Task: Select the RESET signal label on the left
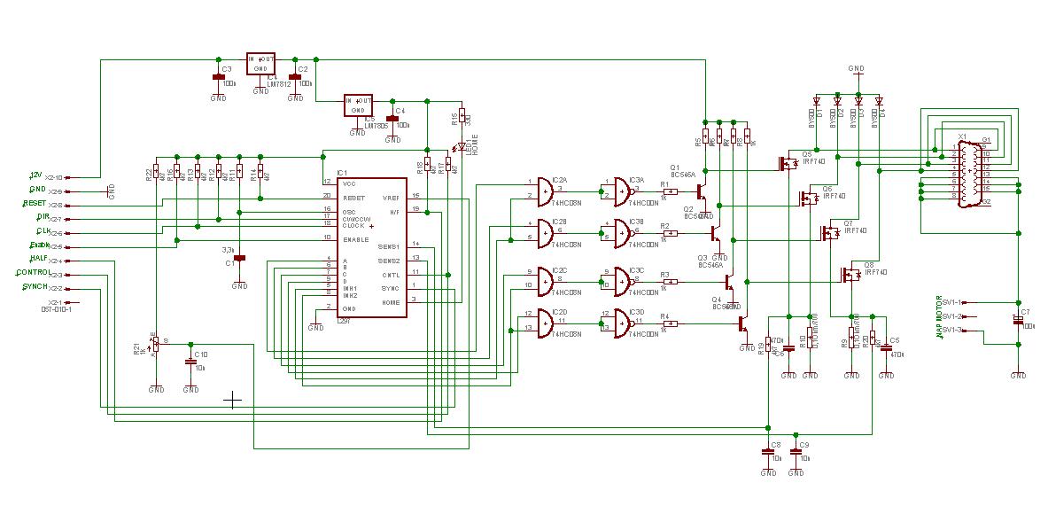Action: [x=35, y=203]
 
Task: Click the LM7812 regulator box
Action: [x=261, y=63]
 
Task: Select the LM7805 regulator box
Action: [x=359, y=105]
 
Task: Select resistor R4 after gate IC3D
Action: [x=670, y=323]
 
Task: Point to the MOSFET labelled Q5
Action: [x=786, y=164]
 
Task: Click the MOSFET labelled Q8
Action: [x=850, y=275]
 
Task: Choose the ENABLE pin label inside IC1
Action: [x=357, y=239]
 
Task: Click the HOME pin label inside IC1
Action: [x=391, y=303]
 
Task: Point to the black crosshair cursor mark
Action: [x=233, y=401]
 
